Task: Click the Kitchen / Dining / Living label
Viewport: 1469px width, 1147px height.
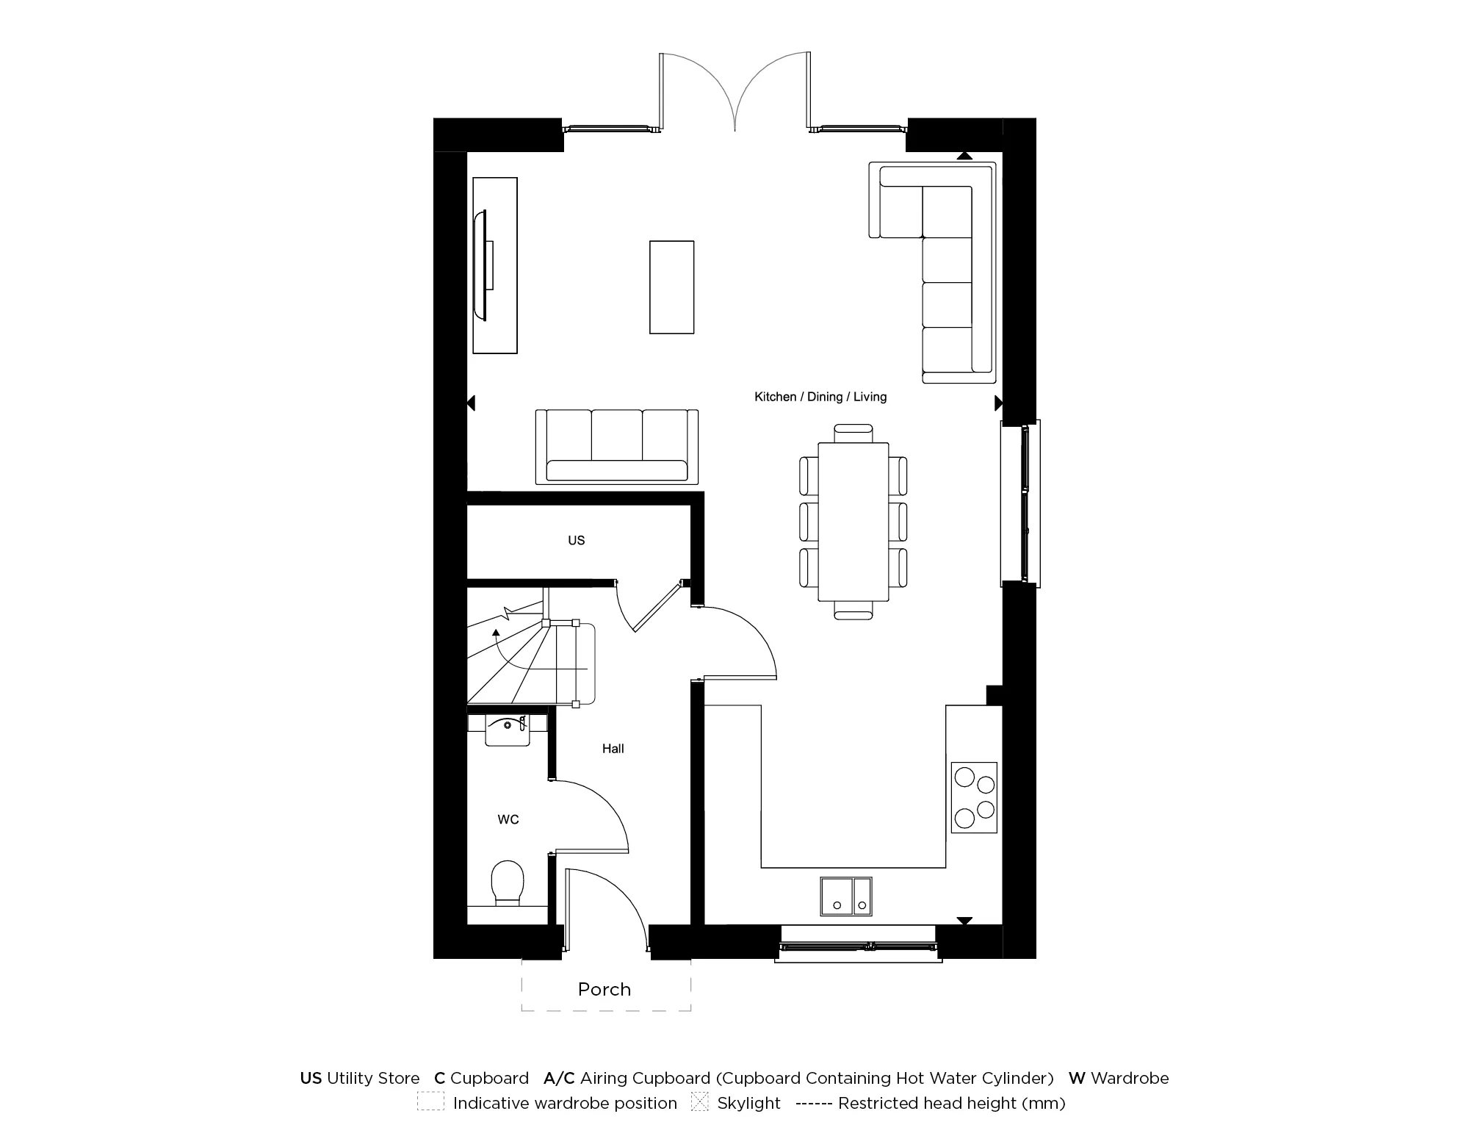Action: (820, 397)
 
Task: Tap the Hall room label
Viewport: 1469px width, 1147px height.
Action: (613, 749)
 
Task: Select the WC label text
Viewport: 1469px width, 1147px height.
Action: (508, 819)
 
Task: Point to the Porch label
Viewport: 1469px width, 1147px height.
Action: (604, 989)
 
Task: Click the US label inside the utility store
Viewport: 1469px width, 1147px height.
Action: (576, 540)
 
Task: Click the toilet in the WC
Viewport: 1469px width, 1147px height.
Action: (507, 882)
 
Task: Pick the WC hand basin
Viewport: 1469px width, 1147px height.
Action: (508, 730)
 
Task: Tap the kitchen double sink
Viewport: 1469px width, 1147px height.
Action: (846, 896)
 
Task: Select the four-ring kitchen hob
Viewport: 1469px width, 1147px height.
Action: (974, 797)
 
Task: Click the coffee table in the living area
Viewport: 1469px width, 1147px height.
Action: (671, 287)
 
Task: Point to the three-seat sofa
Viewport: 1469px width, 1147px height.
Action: (617, 447)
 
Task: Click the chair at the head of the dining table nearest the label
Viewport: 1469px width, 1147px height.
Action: (853, 433)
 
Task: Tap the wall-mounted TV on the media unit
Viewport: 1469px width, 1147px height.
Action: (484, 265)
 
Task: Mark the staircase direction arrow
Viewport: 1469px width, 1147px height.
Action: (497, 631)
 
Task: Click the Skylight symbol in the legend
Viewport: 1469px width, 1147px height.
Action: (699, 1102)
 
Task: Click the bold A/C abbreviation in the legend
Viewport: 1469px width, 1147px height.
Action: (559, 1078)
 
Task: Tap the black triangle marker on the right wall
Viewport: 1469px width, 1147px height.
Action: (998, 403)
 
